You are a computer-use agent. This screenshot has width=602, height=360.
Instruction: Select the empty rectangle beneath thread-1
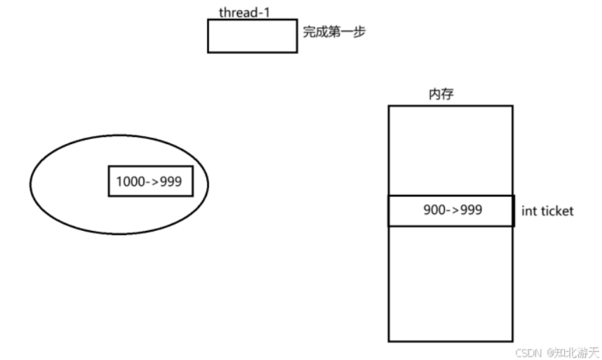252,36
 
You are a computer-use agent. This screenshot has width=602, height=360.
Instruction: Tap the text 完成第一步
334,32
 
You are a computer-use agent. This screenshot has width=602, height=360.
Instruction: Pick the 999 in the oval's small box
170,181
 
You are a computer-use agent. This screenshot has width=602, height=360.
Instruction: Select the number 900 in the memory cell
434,210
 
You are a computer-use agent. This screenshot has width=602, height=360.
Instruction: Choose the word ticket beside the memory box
556,211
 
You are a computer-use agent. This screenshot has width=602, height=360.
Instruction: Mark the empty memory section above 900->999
450,150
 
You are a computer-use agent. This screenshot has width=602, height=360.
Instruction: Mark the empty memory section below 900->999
450,284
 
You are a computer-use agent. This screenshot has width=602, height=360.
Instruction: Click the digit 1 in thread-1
267,13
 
